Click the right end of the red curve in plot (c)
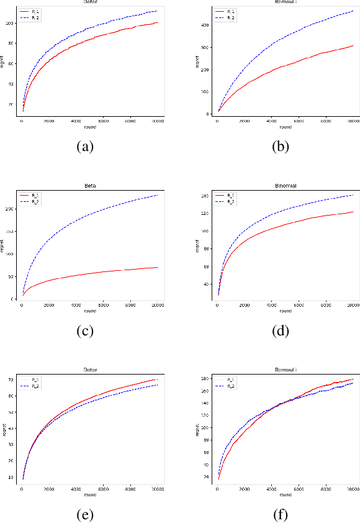pos(158,267)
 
